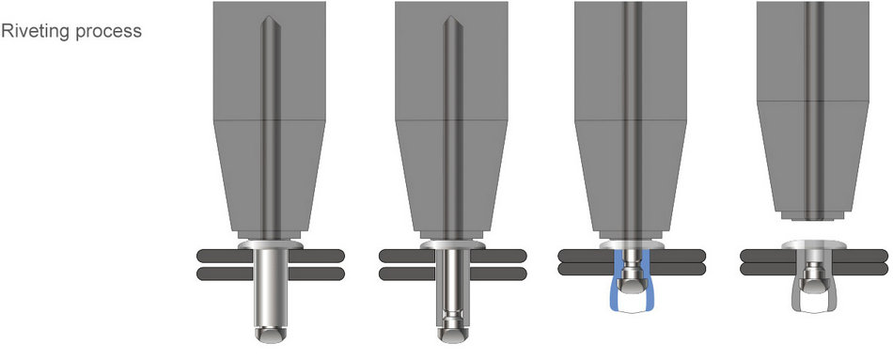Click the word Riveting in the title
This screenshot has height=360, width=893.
(36, 31)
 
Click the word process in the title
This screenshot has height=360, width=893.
(108, 32)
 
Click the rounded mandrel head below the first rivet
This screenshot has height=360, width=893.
(270, 335)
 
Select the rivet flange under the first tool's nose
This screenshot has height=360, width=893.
(270, 244)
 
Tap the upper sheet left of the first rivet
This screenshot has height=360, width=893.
(225, 256)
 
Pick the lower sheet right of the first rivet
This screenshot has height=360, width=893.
(316, 274)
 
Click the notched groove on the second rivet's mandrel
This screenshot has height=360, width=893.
(453, 315)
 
